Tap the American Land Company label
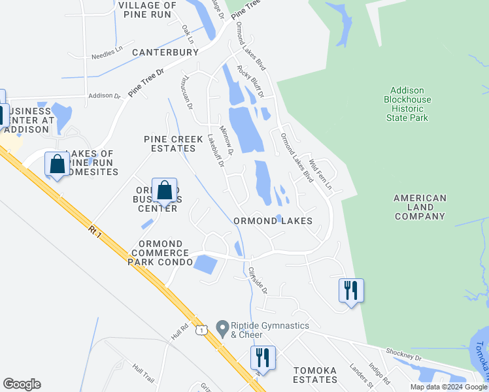coord(420,207)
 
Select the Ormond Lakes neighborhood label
coord(273,221)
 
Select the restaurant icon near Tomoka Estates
coord(263,358)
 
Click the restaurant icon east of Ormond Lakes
coord(351,289)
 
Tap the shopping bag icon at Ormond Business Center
coord(165,191)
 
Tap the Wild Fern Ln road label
coord(320,173)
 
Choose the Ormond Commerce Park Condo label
coord(161,253)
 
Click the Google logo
coord(22,384)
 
